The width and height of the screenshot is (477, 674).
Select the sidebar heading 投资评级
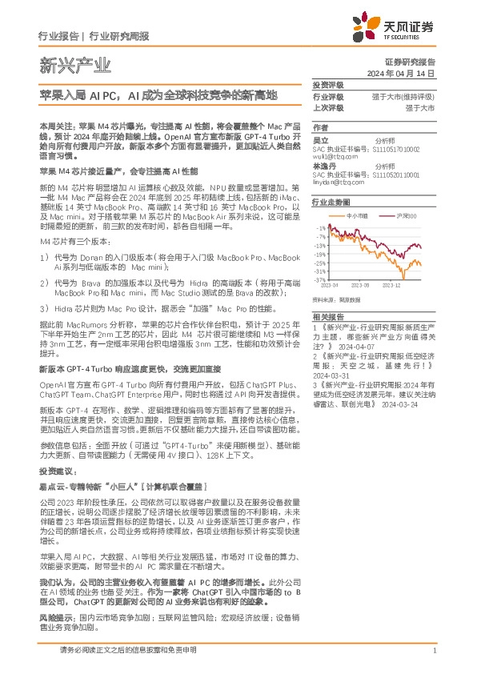(327, 85)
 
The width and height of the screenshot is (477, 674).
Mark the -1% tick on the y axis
(320, 228)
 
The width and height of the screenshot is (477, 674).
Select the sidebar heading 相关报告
(327, 318)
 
